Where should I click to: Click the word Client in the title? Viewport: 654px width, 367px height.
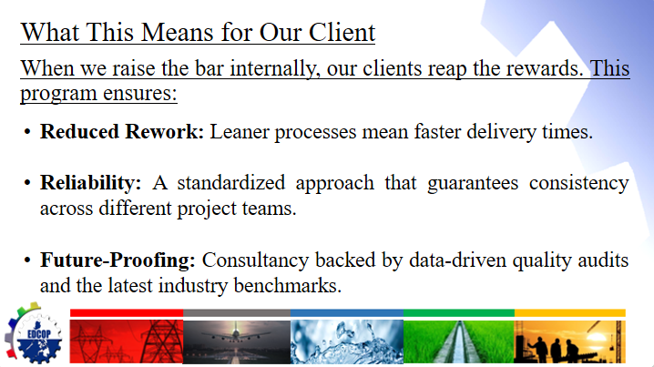coord(340,33)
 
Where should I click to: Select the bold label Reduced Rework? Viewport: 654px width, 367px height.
coord(122,132)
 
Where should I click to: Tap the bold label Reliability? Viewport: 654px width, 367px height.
coord(90,183)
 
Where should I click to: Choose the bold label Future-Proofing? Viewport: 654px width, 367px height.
coord(118,260)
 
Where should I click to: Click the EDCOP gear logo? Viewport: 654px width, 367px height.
coord(34,333)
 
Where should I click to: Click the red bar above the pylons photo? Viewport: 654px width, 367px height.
coord(127,312)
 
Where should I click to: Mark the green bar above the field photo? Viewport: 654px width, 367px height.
coord(459,312)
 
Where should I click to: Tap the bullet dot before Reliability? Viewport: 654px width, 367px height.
coord(27,183)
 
